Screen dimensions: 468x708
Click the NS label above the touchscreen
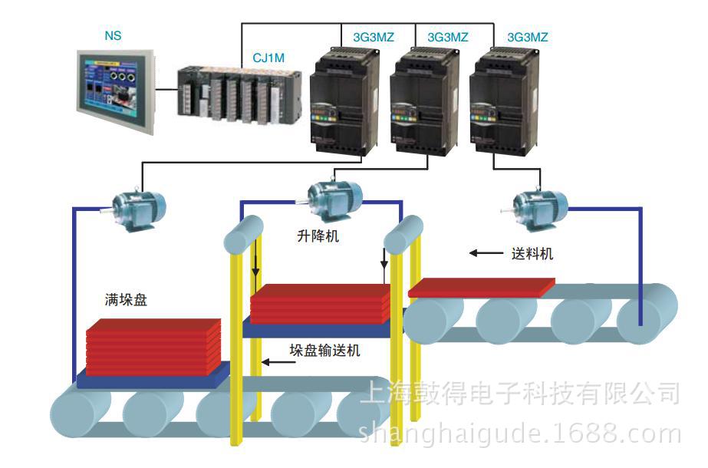(x=113, y=36)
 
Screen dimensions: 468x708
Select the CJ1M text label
(x=269, y=56)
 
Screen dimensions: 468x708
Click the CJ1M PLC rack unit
(x=229, y=91)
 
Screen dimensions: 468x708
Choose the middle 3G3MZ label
(x=447, y=36)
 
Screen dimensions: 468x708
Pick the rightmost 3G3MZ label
(x=528, y=36)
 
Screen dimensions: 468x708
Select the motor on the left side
(x=138, y=205)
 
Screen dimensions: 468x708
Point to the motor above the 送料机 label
(x=538, y=204)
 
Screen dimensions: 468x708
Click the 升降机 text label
(x=318, y=237)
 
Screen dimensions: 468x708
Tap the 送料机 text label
(x=532, y=254)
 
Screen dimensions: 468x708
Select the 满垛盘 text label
(x=127, y=300)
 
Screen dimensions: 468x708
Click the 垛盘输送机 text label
(x=324, y=351)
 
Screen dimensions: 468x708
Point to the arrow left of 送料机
(x=483, y=253)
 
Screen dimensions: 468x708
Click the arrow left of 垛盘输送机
(x=273, y=361)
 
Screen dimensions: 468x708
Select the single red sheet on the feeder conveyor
(x=482, y=287)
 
